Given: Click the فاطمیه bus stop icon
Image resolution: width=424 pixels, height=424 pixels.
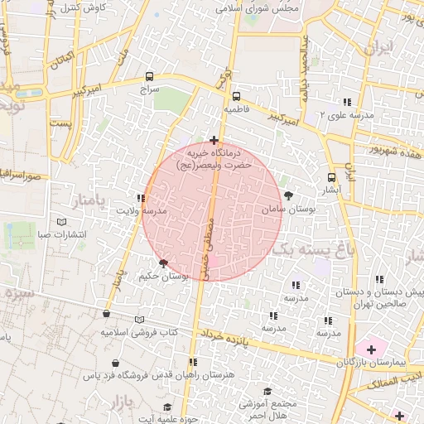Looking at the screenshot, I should click(236, 95).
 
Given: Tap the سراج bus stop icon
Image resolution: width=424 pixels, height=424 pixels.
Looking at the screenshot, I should click(148, 74).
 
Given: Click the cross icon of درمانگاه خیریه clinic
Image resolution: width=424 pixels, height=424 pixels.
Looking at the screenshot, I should click(214, 140).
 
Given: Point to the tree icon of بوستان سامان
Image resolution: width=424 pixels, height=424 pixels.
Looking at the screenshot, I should click(287, 195).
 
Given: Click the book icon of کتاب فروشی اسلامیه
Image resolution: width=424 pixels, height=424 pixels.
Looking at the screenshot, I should click(139, 320).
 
